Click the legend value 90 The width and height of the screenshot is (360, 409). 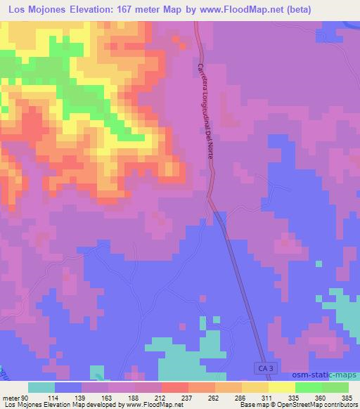click(27, 396)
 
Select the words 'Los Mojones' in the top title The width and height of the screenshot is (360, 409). click(37, 10)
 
